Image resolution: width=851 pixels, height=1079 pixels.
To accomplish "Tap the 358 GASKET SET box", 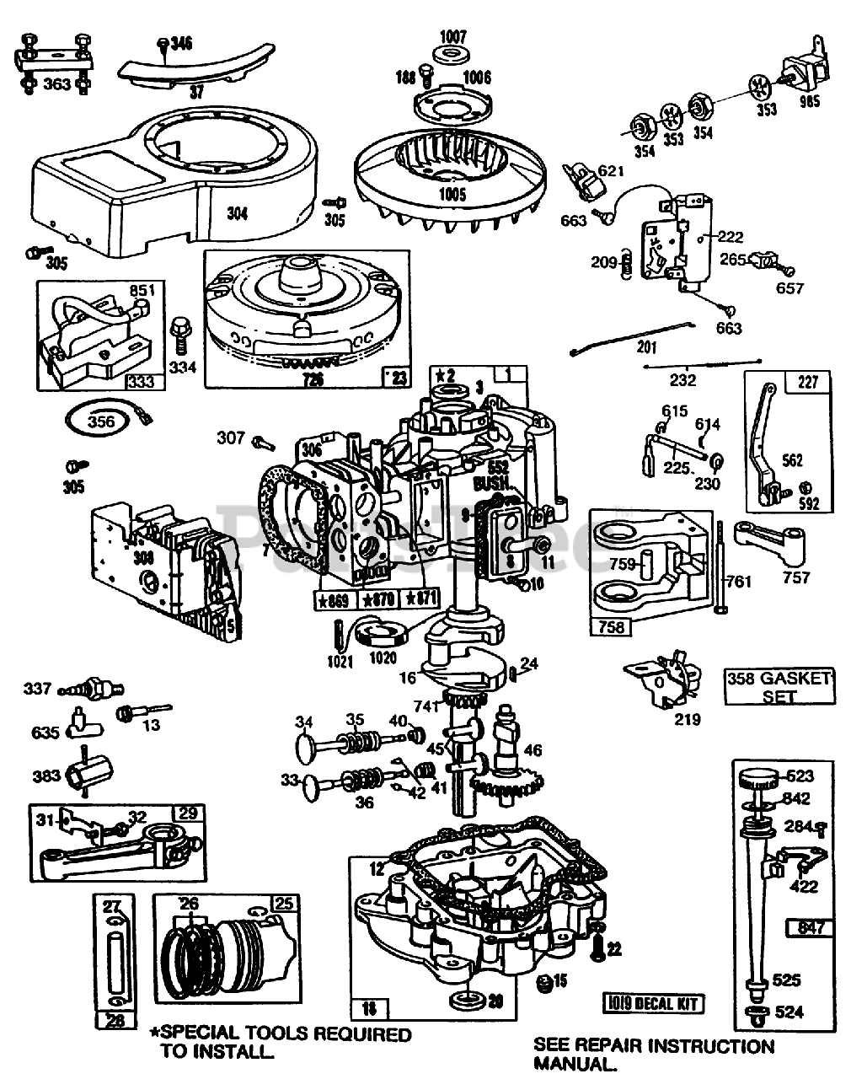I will pos(779,686).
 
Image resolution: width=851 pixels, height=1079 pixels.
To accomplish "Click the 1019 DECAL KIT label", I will pos(653,1002).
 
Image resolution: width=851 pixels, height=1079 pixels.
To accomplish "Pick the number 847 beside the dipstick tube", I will pos(810,928).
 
